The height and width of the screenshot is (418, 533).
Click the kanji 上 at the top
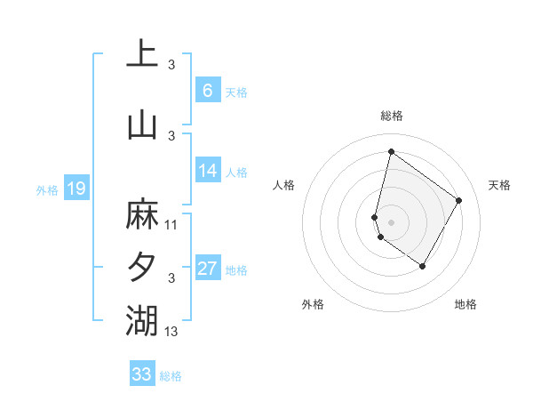pyautogui.click(x=142, y=52)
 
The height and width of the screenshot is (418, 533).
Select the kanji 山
pyautogui.click(x=142, y=125)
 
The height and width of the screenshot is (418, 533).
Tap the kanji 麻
pyautogui.click(x=142, y=214)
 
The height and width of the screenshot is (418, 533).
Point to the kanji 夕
pyautogui.click(x=142, y=267)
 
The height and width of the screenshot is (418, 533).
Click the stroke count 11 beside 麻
pyautogui.click(x=171, y=225)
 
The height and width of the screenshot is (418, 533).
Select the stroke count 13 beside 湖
pyautogui.click(x=171, y=332)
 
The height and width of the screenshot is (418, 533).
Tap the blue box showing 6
pyautogui.click(x=207, y=91)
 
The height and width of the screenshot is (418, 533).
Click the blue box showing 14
pyautogui.click(x=207, y=172)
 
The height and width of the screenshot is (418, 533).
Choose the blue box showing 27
pyautogui.click(x=207, y=269)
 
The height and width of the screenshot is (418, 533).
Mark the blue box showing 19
pyautogui.click(x=76, y=189)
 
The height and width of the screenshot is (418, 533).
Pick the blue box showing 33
pyautogui.click(x=142, y=374)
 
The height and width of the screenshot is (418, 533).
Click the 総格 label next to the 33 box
pyautogui.click(x=171, y=376)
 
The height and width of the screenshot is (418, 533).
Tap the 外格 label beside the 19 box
pyautogui.click(x=47, y=189)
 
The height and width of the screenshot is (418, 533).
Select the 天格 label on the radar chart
pyautogui.click(x=499, y=185)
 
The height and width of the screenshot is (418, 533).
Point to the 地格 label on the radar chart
pyautogui.click(x=465, y=304)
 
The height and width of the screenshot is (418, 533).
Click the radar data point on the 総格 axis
pyautogui.click(x=390, y=150)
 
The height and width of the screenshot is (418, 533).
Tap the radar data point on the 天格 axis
pyautogui.click(x=458, y=200)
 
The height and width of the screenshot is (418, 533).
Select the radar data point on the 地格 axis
pyautogui.click(x=423, y=266)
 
